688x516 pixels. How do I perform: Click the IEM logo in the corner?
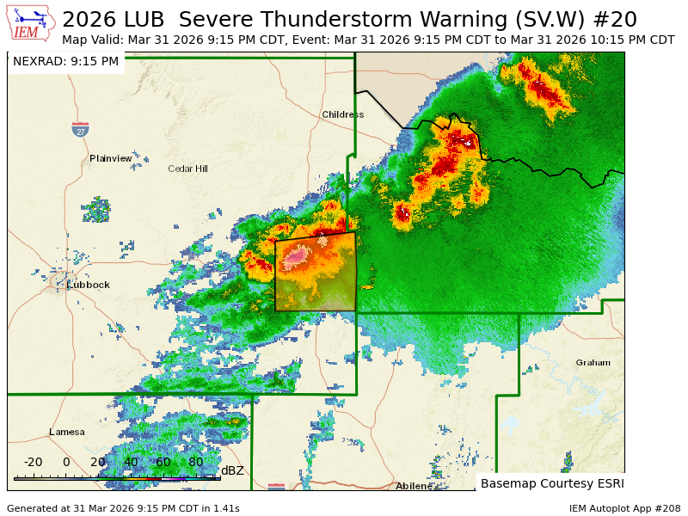pos(32,24)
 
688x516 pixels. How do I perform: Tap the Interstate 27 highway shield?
pos(80,130)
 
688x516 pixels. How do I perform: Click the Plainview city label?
pos(111,158)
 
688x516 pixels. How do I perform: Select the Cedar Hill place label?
pos(187,169)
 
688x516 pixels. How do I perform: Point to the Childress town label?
pos(343,114)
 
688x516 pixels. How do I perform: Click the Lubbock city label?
pos(89,285)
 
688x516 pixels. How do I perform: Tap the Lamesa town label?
pos(67,432)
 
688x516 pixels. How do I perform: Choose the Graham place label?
pos(593,362)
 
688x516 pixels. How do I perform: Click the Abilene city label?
pos(414,486)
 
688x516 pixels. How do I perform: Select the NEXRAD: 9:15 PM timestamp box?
pos(66,61)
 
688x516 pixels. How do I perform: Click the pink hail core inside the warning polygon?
pos(296,255)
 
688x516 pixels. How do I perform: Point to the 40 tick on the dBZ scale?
pos(131,463)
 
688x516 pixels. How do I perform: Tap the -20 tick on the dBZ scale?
pos(33,463)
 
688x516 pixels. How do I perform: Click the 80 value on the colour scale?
pos(195,463)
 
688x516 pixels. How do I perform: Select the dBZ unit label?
pos(232,470)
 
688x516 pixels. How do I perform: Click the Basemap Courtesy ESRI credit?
pos(552,483)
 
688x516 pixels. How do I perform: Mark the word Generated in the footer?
pos(31,508)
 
